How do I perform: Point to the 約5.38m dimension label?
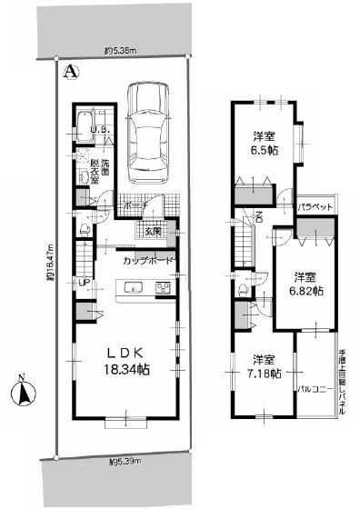pyautogui.click(x=120, y=51)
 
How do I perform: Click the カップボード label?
pyautogui.click(x=149, y=261)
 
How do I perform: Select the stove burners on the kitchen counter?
pyautogui.click(x=164, y=289)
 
